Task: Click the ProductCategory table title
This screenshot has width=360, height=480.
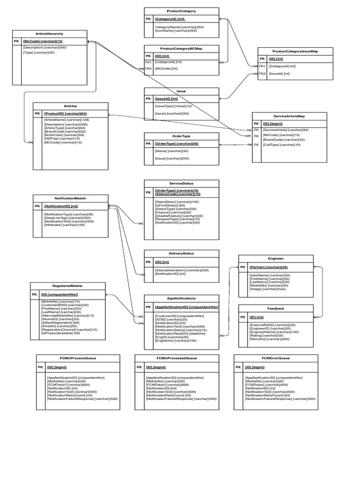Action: click(x=181, y=11)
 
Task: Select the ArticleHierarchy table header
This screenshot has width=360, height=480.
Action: click(x=50, y=34)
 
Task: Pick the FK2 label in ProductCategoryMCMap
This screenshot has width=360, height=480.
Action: click(x=148, y=68)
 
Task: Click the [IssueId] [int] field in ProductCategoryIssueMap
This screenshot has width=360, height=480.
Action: click(x=279, y=74)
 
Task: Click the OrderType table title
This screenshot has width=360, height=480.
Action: click(x=181, y=135)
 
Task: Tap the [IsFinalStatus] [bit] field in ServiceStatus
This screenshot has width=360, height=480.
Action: click(x=170, y=205)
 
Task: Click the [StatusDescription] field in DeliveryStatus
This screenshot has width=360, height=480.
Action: click(x=181, y=270)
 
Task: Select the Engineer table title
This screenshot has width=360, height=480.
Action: click(x=276, y=258)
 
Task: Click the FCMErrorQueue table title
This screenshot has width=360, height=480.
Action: click(x=276, y=358)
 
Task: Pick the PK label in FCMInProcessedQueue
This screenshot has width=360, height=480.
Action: click(x=139, y=367)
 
